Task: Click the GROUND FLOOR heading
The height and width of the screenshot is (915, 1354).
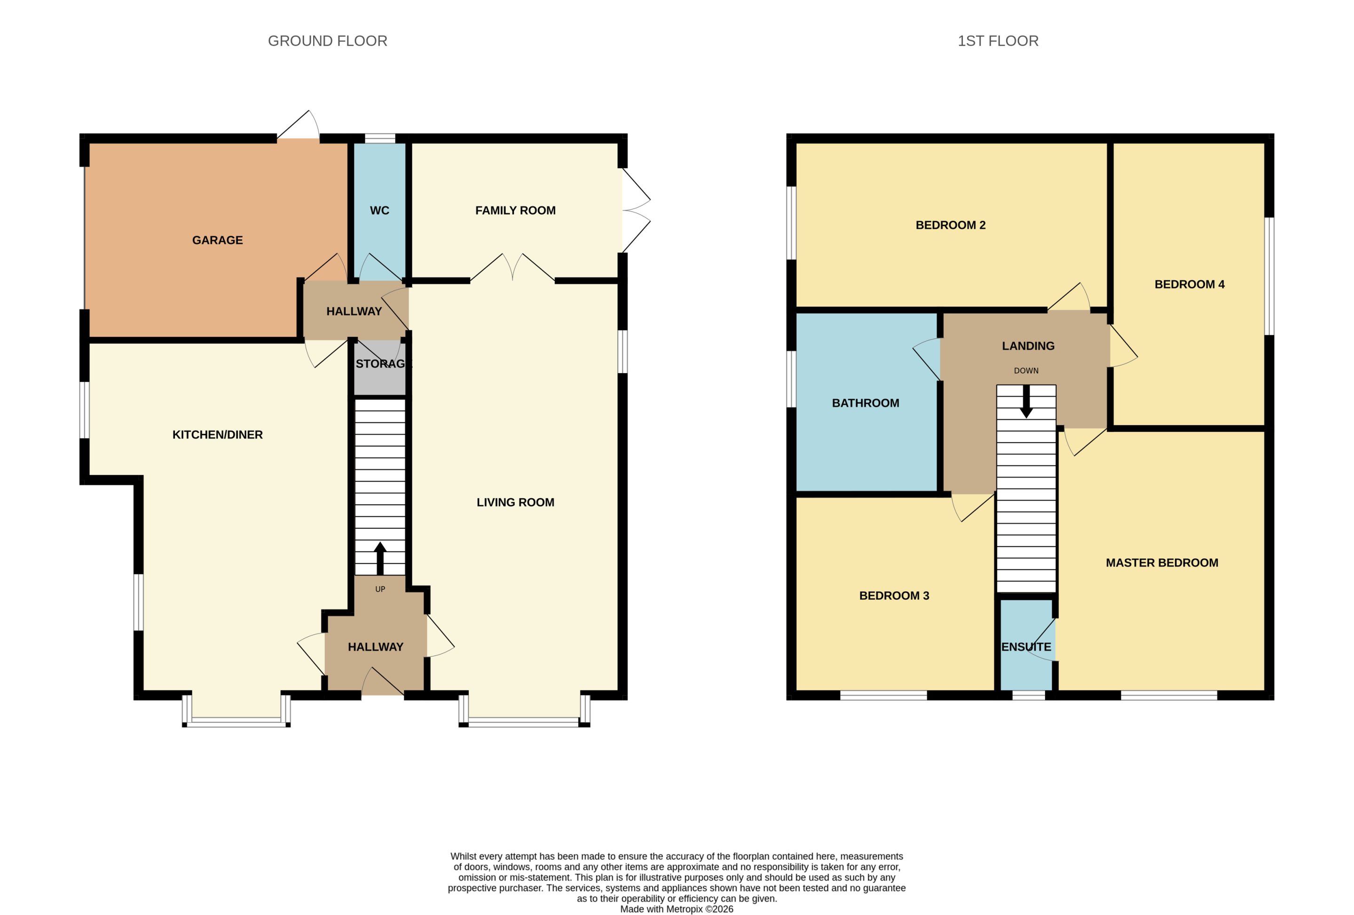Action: coord(327,41)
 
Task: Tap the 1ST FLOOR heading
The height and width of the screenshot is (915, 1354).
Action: coord(998,41)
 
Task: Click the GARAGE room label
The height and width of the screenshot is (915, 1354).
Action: coord(217,240)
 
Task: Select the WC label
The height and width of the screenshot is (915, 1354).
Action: coord(379,210)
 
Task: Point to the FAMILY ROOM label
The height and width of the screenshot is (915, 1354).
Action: coord(515,210)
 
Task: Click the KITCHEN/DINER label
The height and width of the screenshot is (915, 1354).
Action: coord(217,435)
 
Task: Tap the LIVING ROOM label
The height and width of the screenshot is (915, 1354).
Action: coord(515,502)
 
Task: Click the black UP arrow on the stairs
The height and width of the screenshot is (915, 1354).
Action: coord(380,558)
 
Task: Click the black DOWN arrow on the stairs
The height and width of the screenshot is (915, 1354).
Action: coord(1026,401)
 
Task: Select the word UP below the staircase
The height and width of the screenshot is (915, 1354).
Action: coord(380,589)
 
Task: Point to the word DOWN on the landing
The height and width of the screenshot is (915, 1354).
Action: coord(1026,370)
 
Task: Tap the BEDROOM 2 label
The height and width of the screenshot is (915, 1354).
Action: coord(950,225)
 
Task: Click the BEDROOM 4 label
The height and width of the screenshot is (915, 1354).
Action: coord(1189,284)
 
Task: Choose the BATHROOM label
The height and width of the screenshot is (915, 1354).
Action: coord(865,403)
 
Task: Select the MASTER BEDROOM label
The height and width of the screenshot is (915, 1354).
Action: coord(1162,563)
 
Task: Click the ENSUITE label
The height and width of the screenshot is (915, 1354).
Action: coord(1026,647)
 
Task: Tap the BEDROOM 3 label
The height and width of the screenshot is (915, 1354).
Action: coord(894,595)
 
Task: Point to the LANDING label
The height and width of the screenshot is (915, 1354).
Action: coord(1028,346)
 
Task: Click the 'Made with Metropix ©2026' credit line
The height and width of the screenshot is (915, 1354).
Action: coord(677,908)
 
